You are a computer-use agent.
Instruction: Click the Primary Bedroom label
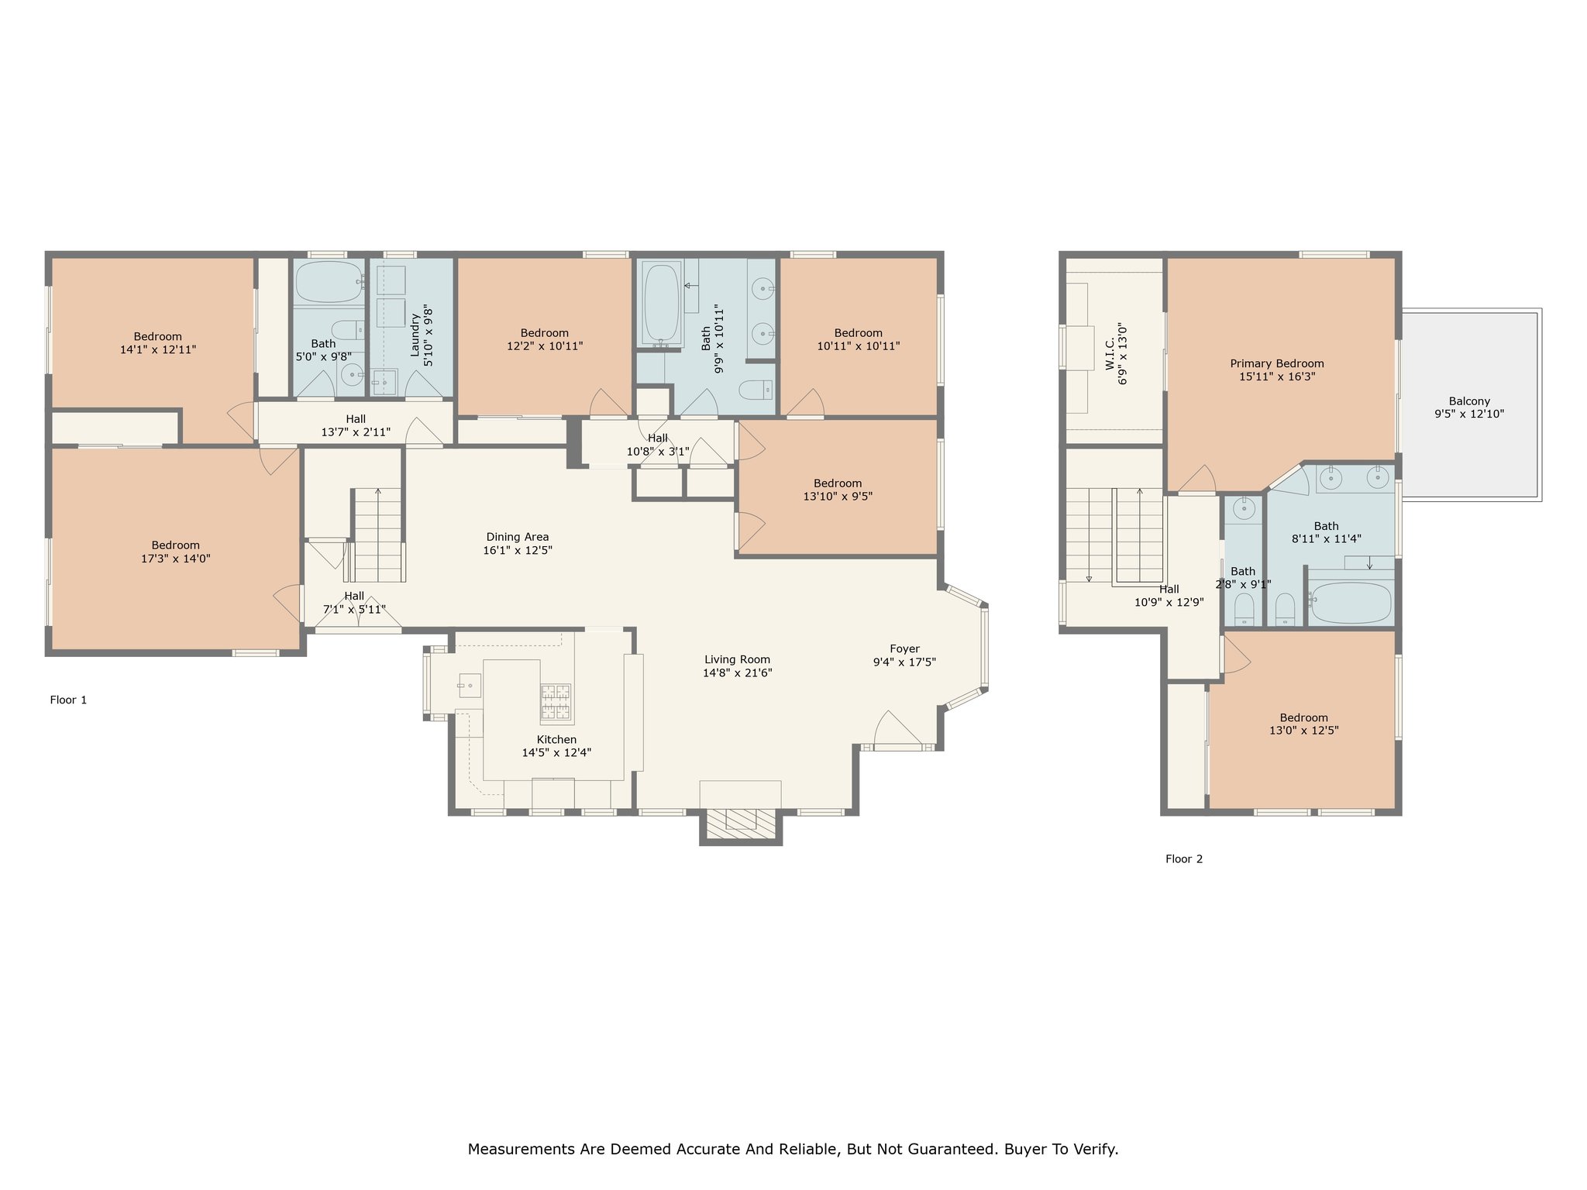pyautogui.click(x=1277, y=363)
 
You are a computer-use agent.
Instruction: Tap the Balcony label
pyautogui.click(x=1469, y=401)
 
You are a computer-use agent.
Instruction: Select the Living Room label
pyautogui.click(x=737, y=660)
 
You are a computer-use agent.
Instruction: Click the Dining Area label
pyautogui.click(x=518, y=537)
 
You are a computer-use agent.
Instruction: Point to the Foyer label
pyautogui.click(x=904, y=649)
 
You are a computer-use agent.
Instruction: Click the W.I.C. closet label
pyautogui.click(x=1110, y=353)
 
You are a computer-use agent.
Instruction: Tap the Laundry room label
pyautogui.click(x=415, y=335)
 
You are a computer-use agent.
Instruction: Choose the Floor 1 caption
pyautogui.click(x=68, y=700)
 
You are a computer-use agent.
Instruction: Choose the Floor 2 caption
pyautogui.click(x=1184, y=859)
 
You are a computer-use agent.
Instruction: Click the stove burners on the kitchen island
pyautogui.click(x=555, y=703)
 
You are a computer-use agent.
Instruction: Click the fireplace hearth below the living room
pyautogui.click(x=740, y=825)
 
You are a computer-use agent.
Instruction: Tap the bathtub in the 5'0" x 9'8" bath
pyautogui.click(x=329, y=281)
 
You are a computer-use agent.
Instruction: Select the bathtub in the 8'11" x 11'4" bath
pyautogui.click(x=1351, y=602)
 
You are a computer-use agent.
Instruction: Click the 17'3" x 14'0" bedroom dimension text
pyautogui.click(x=176, y=559)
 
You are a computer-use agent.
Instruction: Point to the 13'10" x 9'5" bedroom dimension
pyautogui.click(x=838, y=497)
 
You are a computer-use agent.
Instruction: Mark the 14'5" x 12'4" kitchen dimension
pyautogui.click(x=556, y=752)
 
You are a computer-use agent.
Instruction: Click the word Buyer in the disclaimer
pyautogui.click(x=1024, y=1149)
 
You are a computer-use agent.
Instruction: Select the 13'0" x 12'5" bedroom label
pyautogui.click(x=1304, y=724)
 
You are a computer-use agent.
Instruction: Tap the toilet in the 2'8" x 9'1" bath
pyautogui.click(x=1244, y=609)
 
